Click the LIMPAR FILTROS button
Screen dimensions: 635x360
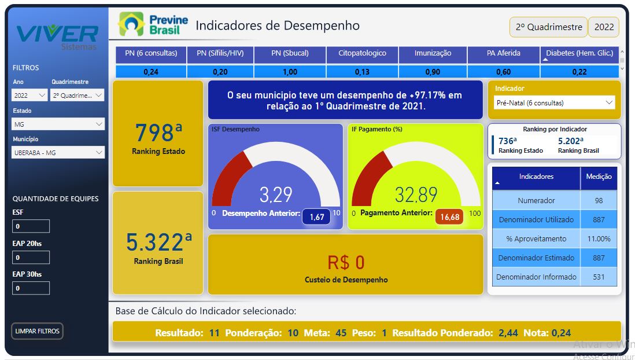coord(37,331)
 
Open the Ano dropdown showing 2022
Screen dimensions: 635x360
coord(29,95)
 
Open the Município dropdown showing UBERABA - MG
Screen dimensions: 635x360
coord(58,152)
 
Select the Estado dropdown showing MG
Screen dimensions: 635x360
coord(58,124)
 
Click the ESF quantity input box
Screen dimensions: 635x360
coord(31,226)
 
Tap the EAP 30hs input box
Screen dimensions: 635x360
coord(31,288)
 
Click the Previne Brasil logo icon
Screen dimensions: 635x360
coord(131,24)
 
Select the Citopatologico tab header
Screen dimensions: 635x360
coord(362,53)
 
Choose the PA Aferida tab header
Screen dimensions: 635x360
coord(503,53)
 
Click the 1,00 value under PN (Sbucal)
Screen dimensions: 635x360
coord(290,72)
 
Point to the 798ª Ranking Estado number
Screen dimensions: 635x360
coord(158,132)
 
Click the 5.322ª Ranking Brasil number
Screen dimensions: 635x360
coord(158,242)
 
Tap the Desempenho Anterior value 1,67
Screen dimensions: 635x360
coord(317,217)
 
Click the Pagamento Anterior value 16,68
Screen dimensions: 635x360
coord(449,217)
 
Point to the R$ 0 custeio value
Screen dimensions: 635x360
coord(346,262)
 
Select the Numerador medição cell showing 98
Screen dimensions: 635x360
coord(599,200)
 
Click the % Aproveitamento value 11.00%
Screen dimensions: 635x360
coord(599,239)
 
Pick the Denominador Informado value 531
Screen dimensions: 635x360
coord(599,277)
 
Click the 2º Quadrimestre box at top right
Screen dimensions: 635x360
coord(548,27)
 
